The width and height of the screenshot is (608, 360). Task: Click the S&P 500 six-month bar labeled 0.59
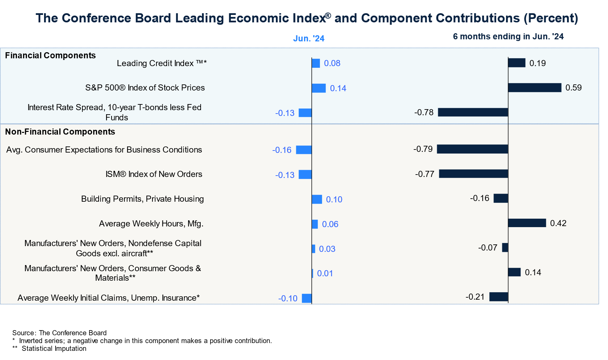[x=534, y=87]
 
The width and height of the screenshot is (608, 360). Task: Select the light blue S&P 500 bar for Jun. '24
[x=319, y=88]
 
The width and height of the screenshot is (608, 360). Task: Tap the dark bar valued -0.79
[x=472, y=149]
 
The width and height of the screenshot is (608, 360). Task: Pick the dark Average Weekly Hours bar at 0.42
[x=527, y=223]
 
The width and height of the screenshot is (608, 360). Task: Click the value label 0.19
[x=538, y=63]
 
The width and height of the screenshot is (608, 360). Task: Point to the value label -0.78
[x=424, y=113]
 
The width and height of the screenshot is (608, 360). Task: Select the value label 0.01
[x=325, y=273]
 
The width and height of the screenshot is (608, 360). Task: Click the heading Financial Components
[x=50, y=55]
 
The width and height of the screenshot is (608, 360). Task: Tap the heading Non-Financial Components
[x=60, y=132]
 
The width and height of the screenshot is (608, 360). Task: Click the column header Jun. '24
[x=309, y=38]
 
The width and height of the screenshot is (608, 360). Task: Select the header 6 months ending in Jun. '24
[x=508, y=36]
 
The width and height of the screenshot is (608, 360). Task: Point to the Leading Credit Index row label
[x=162, y=63]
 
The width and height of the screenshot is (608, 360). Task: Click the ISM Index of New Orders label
[x=154, y=174]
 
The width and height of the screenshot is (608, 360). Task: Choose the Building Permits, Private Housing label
[x=142, y=199]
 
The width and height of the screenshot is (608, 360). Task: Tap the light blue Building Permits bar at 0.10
[x=317, y=199]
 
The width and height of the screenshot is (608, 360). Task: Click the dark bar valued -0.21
[x=499, y=297]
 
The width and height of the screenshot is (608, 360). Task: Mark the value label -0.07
[x=488, y=248]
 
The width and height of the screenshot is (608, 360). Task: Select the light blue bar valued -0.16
[x=304, y=150]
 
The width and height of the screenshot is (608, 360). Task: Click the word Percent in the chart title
[x=550, y=18]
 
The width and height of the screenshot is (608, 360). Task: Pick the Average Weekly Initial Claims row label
[x=108, y=298]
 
